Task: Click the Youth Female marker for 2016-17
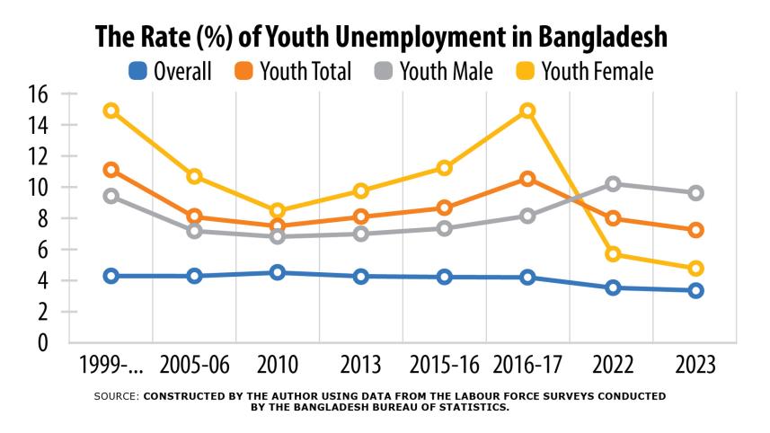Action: (x=527, y=110)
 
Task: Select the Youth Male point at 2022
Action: (x=613, y=184)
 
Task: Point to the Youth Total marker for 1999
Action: (x=111, y=170)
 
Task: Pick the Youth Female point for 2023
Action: (x=695, y=269)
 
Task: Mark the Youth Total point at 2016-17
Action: (x=527, y=179)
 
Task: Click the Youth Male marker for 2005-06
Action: (x=194, y=231)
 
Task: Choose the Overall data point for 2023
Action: (x=695, y=290)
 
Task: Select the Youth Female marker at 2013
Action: (x=360, y=190)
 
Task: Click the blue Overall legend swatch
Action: (x=138, y=70)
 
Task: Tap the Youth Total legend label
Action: (x=305, y=70)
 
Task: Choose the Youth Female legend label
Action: (x=597, y=70)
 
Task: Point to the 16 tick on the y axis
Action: (x=37, y=93)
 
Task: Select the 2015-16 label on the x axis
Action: (x=444, y=366)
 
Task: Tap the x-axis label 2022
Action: (x=613, y=366)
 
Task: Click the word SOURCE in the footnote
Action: (x=119, y=395)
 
